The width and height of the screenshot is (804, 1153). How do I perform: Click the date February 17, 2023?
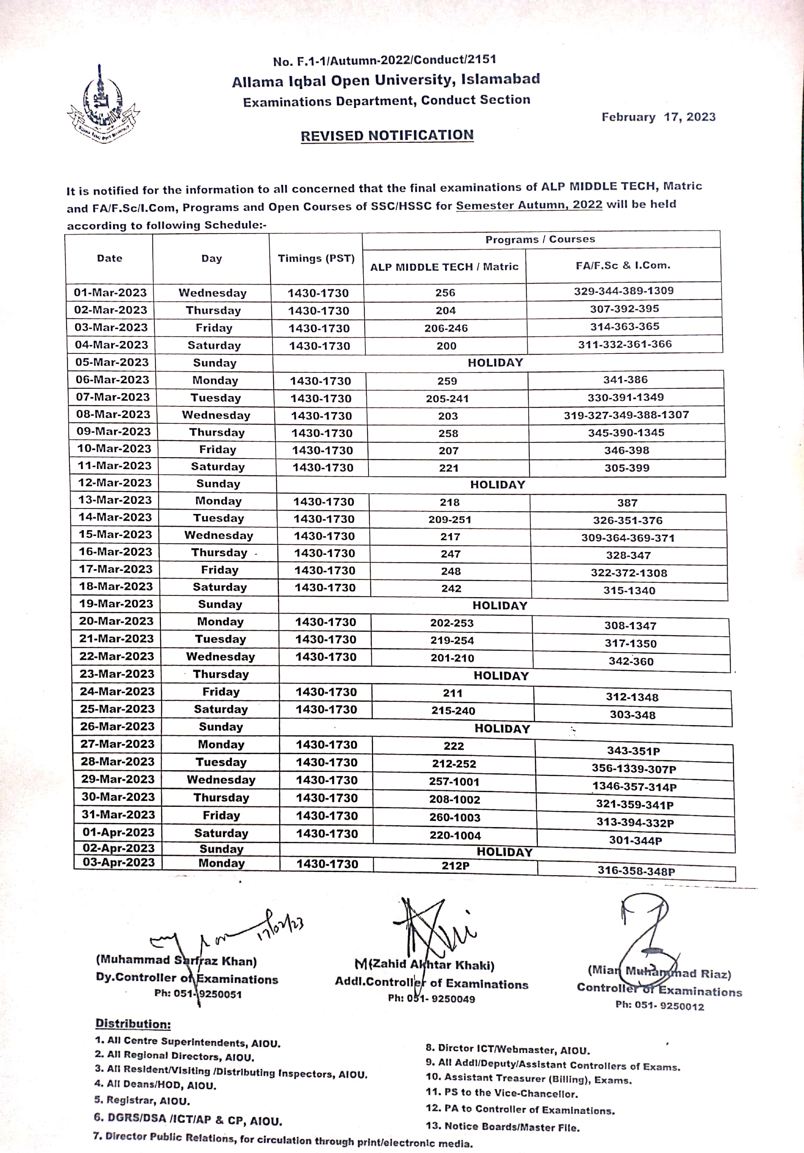tap(658, 117)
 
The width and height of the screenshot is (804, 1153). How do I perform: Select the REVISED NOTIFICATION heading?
tap(387, 136)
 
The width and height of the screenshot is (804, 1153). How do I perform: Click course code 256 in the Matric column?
tap(445, 293)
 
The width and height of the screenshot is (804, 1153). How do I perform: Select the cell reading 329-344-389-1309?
tap(624, 291)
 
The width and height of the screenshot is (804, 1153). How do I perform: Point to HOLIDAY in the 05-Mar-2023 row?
tap(495, 363)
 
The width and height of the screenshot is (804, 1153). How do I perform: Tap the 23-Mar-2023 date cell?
tap(117, 674)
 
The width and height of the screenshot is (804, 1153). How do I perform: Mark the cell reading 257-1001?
tap(454, 781)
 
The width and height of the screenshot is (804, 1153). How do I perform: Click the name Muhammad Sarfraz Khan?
tap(176, 961)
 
